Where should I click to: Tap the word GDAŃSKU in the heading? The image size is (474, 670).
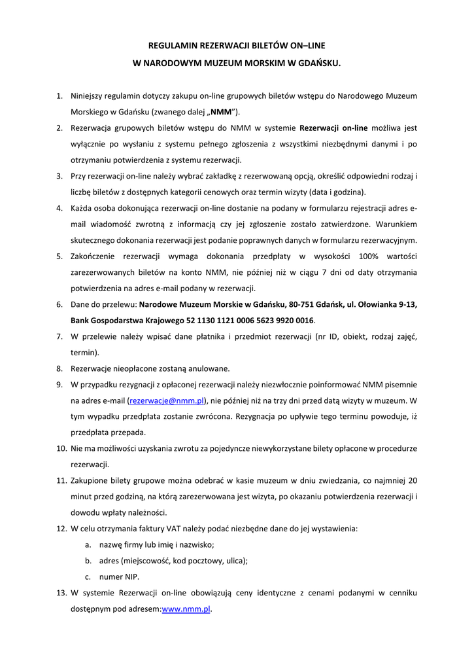[x=319, y=65]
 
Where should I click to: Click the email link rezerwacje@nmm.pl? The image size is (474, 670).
[x=168, y=400]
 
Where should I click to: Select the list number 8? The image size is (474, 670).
[x=59, y=368]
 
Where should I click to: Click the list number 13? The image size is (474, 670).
[x=60, y=593]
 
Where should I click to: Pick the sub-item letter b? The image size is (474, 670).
[x=88, y=561]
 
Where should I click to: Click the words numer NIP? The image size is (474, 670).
[x=119, y=576]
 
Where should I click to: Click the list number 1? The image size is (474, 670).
[x=59, y=96]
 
